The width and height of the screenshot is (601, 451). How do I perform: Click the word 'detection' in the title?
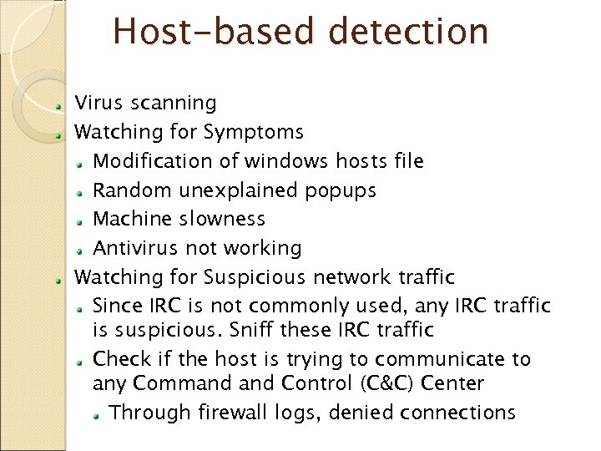point(408,32)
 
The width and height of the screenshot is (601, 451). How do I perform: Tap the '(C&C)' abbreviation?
point(386,384)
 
